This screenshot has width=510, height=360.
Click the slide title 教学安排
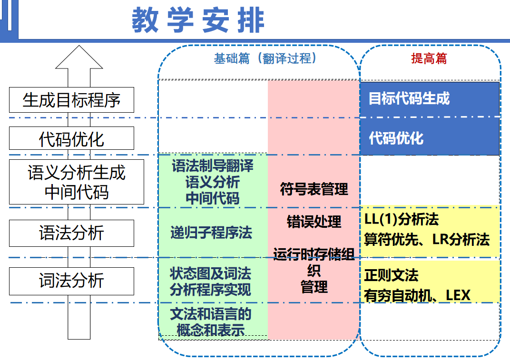[198, 20]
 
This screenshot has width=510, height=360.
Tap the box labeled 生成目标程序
[71, 100]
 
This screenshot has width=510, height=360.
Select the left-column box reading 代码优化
[71, 139]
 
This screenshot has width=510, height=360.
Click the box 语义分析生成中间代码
[76, 182]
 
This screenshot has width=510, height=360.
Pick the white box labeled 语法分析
[71, 233]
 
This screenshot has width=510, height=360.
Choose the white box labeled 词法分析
[71, 281]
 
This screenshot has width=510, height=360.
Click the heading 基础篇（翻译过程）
[265, 58]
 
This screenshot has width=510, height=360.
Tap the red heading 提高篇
[429, 58]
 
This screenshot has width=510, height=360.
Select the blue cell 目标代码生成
[429, 99]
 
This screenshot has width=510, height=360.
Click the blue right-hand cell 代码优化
[429, 138]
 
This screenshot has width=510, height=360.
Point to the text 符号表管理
[314, 189]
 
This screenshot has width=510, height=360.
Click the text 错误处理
[314, 222]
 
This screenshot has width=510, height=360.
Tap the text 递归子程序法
[211, 233]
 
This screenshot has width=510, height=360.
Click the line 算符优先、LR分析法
[427, 239]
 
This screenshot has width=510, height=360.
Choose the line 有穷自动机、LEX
[417, 295]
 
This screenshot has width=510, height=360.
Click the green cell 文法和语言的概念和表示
[211, 321]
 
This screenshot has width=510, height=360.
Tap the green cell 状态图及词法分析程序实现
[211, 281]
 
